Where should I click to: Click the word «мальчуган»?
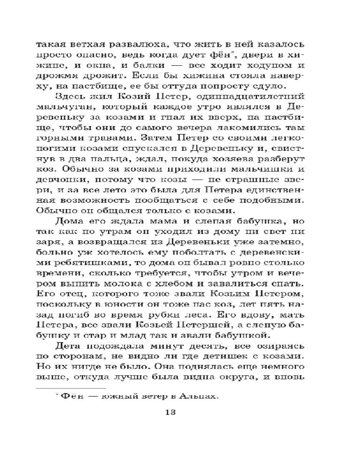[65, 108]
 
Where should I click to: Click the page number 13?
[173, 413]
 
